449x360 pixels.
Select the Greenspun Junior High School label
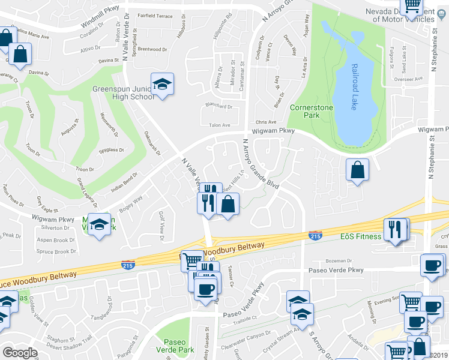122,92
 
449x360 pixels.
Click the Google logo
20,353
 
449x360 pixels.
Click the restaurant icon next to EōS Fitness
395,231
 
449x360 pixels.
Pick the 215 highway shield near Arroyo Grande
315,236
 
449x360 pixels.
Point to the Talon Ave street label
218,125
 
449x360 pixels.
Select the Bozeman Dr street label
338,260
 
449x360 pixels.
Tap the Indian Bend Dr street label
124,182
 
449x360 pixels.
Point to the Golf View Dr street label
161,222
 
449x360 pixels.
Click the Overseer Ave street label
405,79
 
